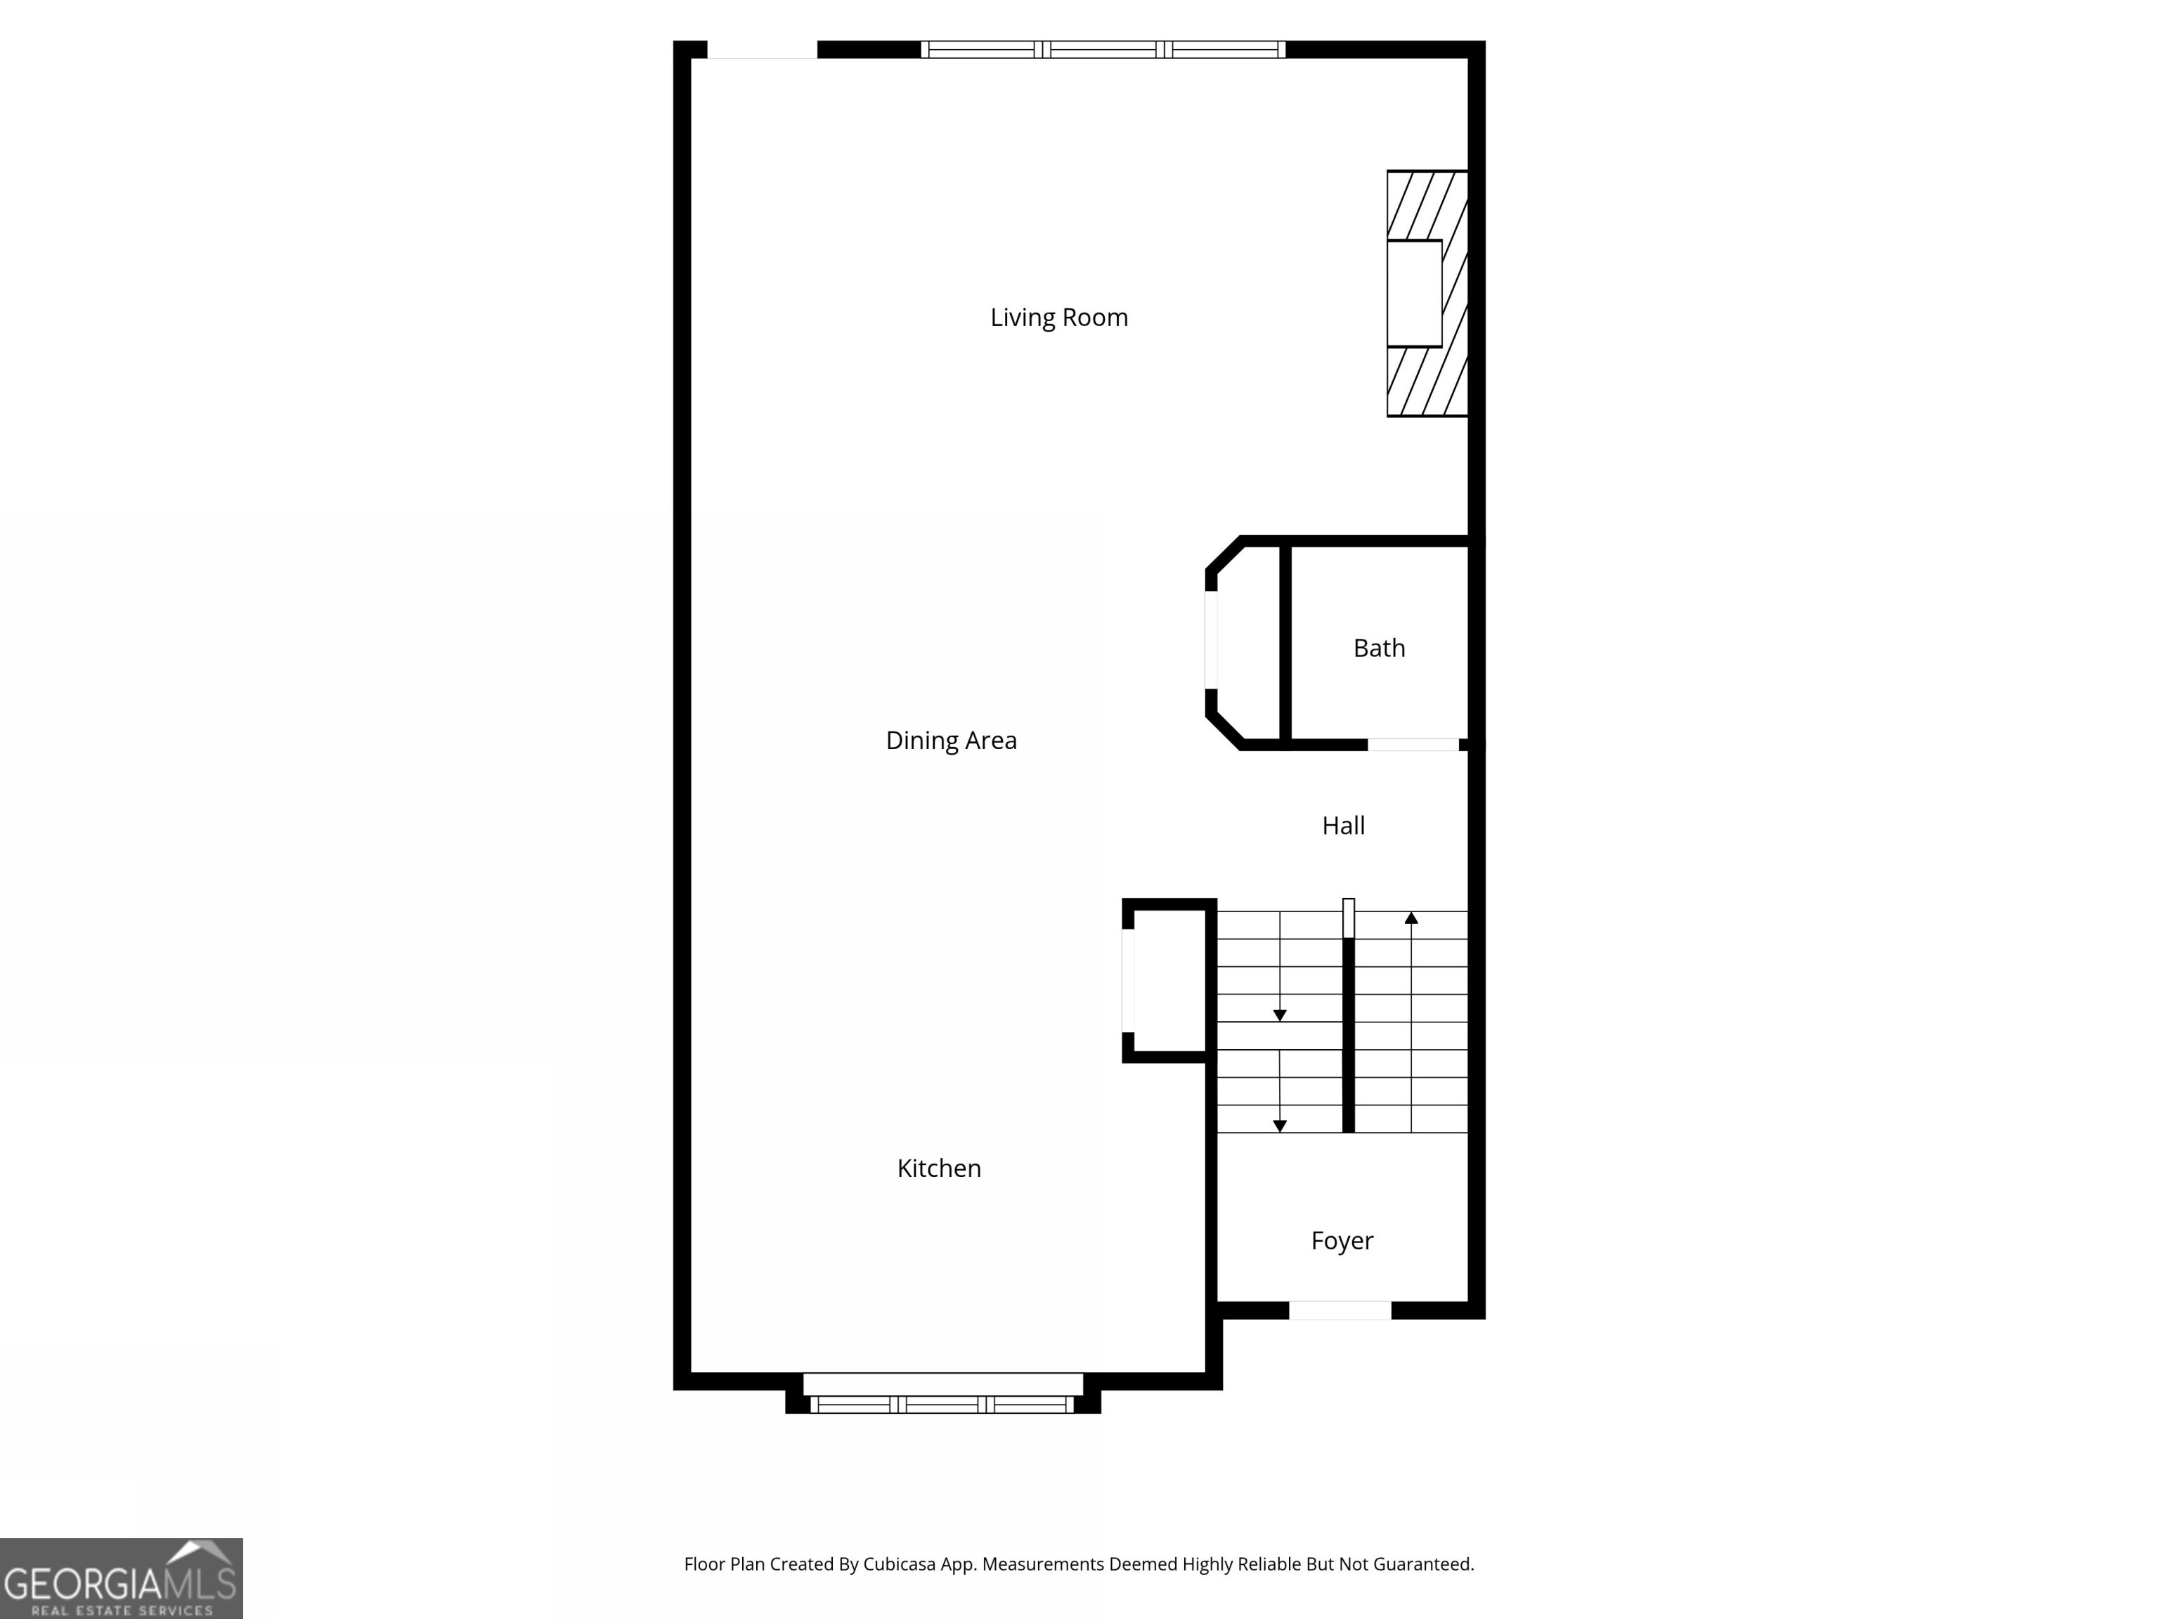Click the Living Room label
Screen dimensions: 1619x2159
(1059, 317)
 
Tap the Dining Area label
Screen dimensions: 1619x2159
(951, 741)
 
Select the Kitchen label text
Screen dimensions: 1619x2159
(939, 1168)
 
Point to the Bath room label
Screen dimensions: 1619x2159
(1379, 648)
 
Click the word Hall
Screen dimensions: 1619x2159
(1343, 826)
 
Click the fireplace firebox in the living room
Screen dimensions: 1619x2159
(1414, 293)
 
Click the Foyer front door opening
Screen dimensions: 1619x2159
(1340, 1311)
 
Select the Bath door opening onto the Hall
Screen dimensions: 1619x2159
(1413, 745)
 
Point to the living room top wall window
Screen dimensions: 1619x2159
(1103, 50)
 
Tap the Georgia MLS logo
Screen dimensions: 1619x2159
(121, 1578)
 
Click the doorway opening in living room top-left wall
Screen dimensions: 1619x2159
(763, 50)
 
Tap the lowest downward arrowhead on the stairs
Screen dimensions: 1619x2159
(1280, 1126)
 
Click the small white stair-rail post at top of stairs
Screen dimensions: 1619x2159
(1349, 917)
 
